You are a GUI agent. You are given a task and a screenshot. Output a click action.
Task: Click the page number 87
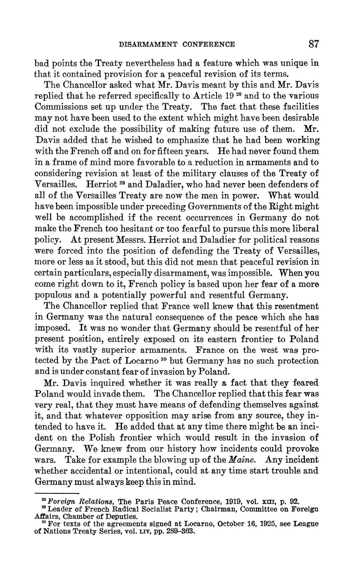313,44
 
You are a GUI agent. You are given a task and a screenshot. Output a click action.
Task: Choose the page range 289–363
177,531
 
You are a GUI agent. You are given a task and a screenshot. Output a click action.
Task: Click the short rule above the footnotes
57,493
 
